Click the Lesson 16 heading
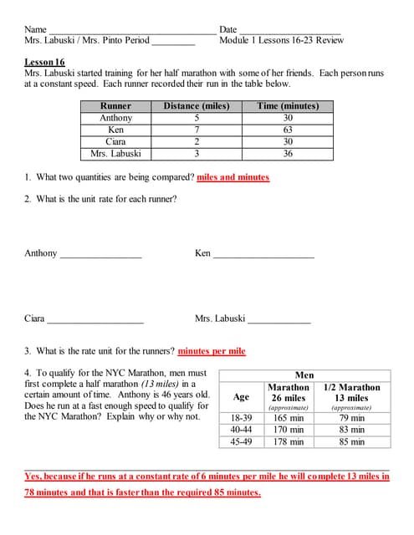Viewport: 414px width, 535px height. click(x=45, y=63)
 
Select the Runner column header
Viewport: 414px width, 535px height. click(x=115, y=106)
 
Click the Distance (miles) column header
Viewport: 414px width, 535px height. click(x=196, y=106)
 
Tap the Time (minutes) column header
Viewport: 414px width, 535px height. click(x=288, y=106)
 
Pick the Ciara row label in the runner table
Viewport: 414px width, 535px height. click(x=115, y=142)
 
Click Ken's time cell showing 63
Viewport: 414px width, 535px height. click(x=288, y=130)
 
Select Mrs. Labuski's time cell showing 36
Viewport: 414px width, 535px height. click(x=288, y=154)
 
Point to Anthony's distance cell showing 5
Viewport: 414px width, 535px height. click(x=196, y=119)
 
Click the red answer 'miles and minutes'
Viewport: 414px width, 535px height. click(x=233, y=177)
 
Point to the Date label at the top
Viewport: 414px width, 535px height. click(x=228, y=29)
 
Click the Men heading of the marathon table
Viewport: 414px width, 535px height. click(x=305, y=375)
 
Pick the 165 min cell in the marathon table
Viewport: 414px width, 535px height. click(x=289, y=418)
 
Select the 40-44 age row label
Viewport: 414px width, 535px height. click(x=241, y=430)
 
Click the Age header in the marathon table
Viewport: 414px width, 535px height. click(x=241, y=397)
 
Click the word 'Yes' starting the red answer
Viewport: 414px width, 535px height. click(x=34, y=476)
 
